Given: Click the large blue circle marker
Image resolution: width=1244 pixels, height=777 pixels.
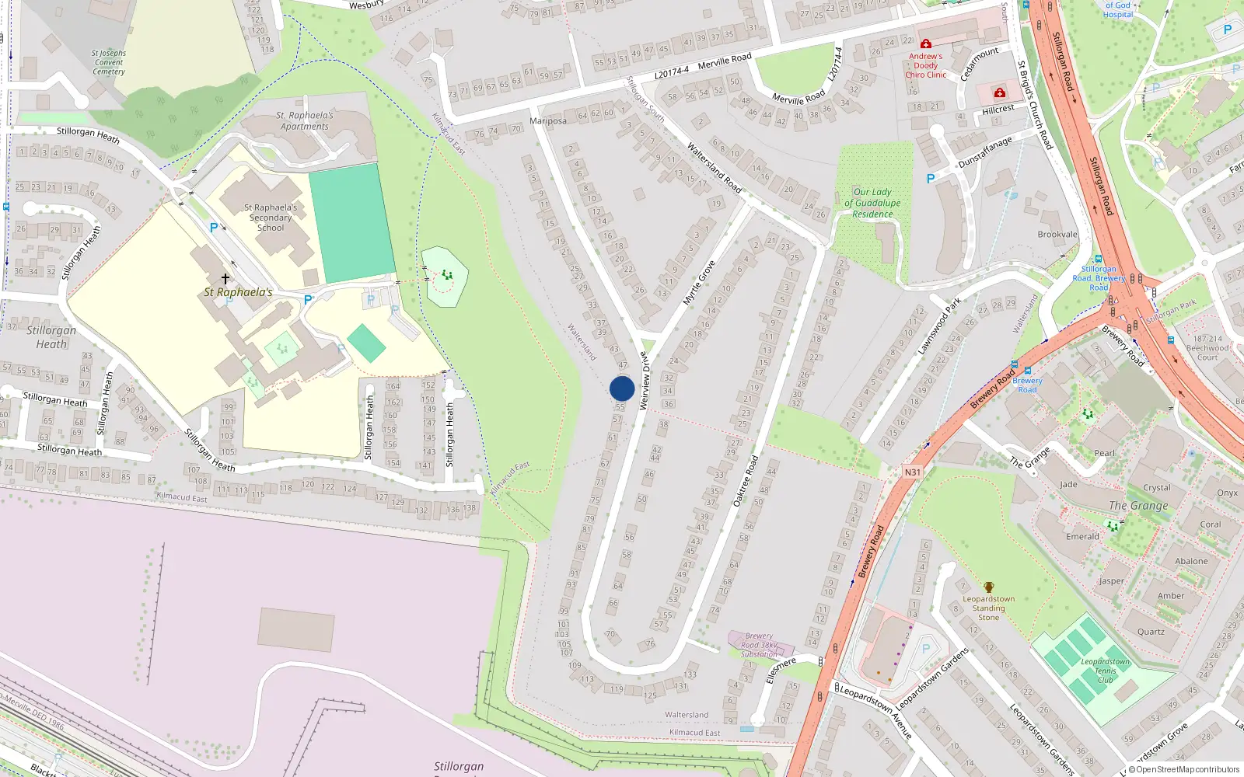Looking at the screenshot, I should coord(622,388).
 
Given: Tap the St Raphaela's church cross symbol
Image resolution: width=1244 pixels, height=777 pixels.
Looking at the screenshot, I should coord(225,278).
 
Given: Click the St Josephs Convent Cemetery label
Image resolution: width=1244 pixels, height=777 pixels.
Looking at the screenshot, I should coord(109,62).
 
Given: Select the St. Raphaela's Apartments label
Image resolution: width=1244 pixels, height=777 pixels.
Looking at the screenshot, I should coord(305,120).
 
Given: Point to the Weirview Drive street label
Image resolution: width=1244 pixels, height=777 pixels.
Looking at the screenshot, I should coord(644,381).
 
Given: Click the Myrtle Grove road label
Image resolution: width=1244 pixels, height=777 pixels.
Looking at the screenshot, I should coord(698,283).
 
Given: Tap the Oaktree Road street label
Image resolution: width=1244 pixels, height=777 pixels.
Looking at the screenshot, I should coord(746,481).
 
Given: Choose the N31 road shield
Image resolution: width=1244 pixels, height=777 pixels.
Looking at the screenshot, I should coord(912,472).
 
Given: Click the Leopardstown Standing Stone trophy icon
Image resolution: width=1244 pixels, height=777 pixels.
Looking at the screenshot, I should coord(989,587).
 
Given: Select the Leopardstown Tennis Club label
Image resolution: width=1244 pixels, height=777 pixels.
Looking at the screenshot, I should coord(1105,671).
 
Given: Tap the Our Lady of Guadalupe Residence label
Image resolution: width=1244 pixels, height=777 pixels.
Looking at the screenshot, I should coord(872,203).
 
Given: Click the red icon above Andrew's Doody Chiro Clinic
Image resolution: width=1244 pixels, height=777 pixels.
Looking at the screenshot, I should coord(925,44).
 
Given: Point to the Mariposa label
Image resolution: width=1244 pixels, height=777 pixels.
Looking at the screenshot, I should coord(547,120).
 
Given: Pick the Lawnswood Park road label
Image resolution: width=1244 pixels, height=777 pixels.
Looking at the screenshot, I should coord(939,326).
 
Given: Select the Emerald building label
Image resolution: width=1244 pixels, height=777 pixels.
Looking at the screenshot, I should coord(1082,536).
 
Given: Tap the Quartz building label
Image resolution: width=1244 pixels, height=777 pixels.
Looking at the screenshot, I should coord(1151,632).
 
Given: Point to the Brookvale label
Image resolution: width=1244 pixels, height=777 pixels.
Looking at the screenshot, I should coord(1057,234).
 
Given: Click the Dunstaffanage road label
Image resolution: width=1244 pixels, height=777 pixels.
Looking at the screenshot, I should coord(985,152).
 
